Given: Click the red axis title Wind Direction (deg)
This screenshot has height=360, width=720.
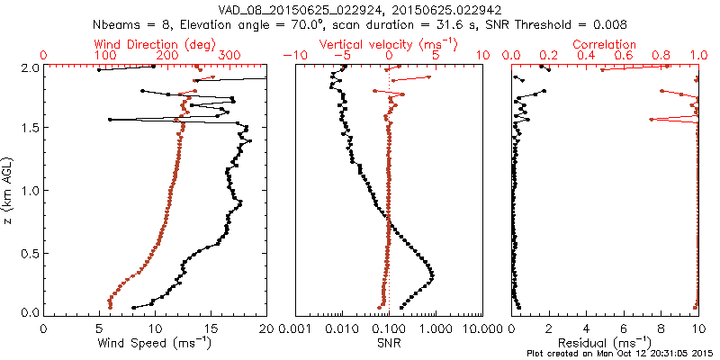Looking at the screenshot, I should click(x=154, y=44).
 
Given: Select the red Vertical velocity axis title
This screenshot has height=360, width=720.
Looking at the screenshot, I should click(x=389, y=44).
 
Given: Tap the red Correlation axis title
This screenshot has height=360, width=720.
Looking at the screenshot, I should click(x=605, y=44).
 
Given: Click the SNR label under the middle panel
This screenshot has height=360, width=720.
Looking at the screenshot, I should click(x=389, y=344).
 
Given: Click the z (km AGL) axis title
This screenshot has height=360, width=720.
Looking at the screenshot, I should click(x=8, y=190).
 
